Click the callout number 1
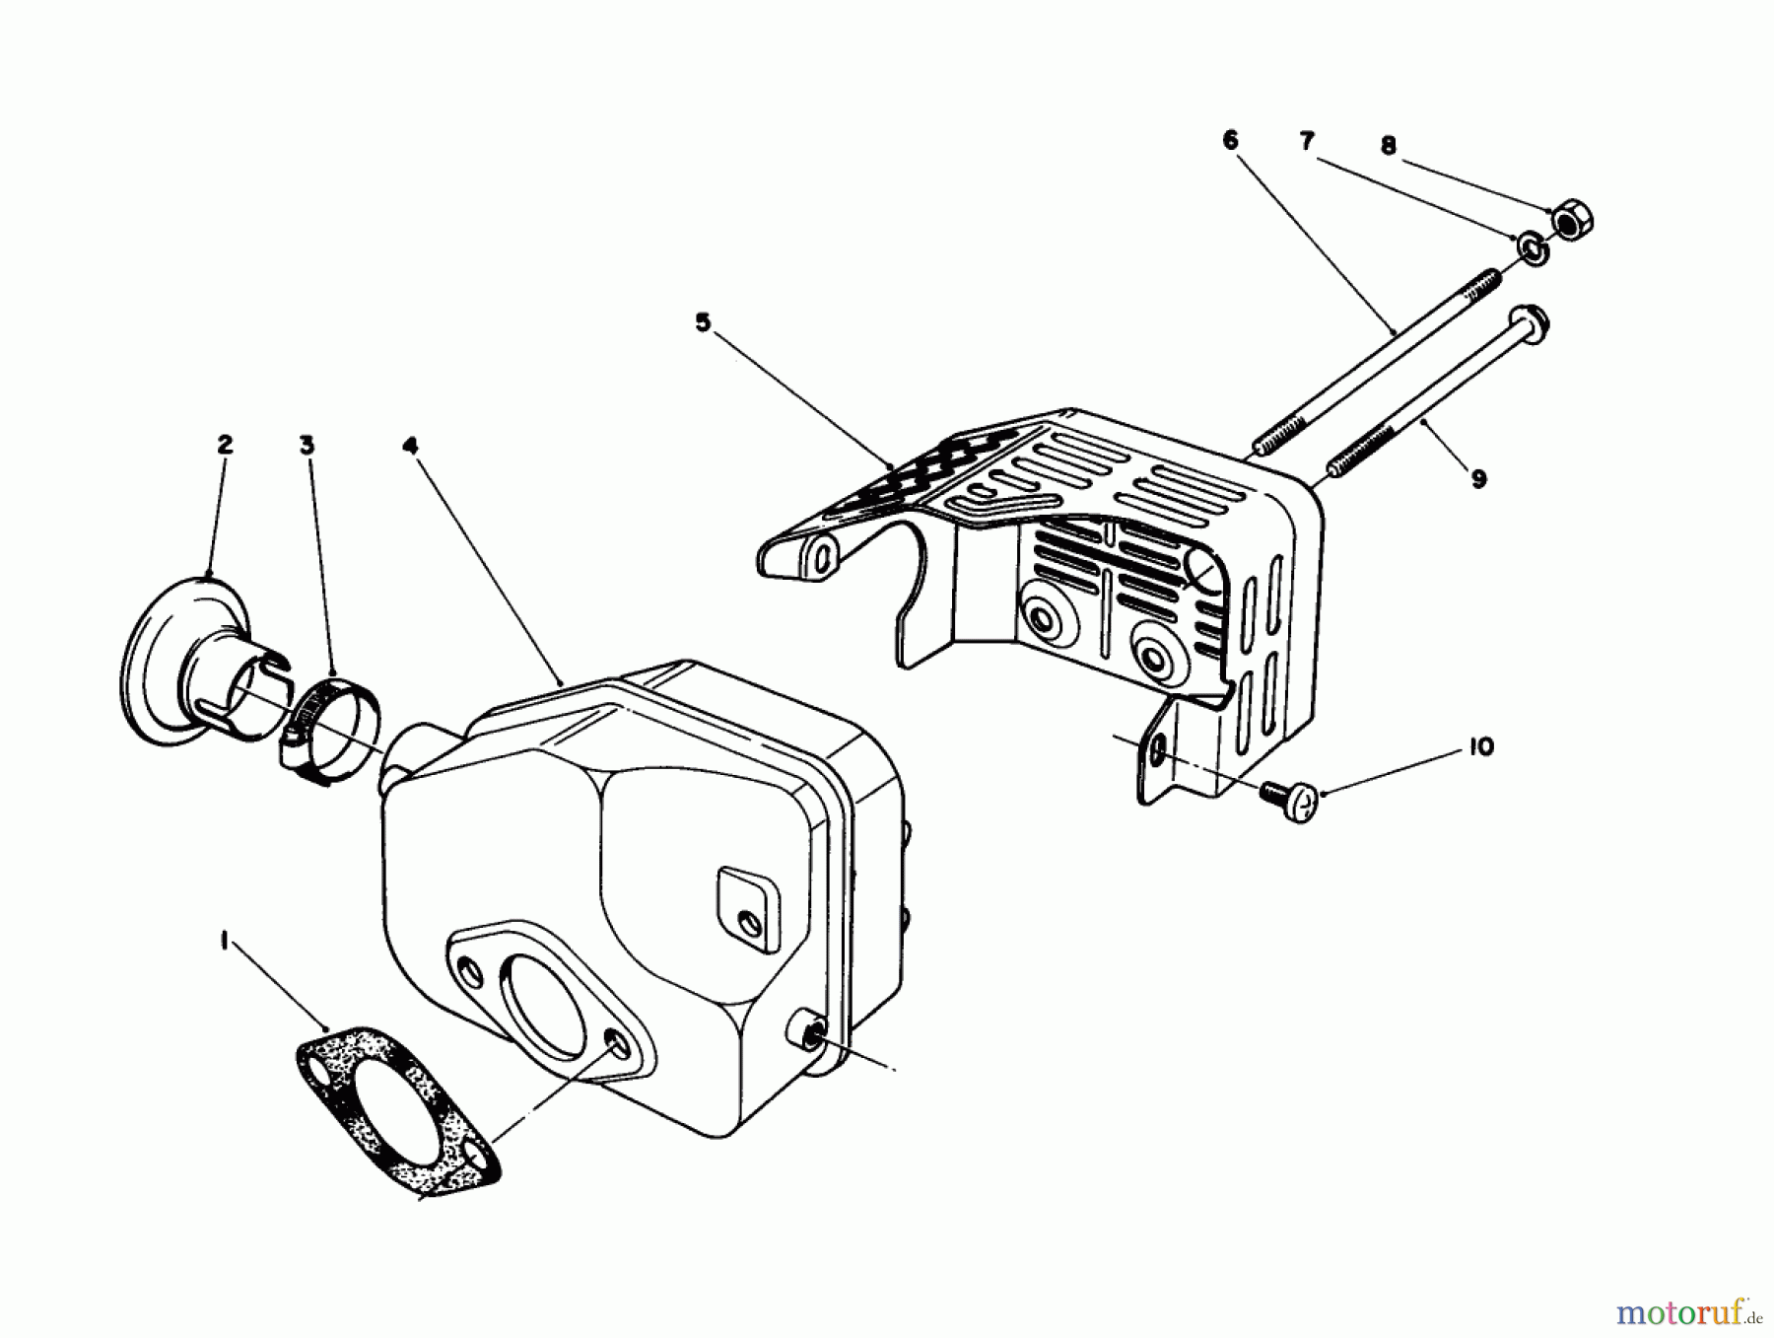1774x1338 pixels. [x=226, y=943]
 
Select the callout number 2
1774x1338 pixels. [x=225, y=445]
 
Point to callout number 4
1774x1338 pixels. [x=411, y=446]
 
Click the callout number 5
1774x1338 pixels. [x=702, y=323]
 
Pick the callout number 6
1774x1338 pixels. [x=1229, y=141]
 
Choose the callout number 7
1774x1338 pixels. [x=1307, y=142]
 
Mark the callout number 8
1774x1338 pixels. [x=1388, y=147]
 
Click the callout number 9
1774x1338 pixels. [x=1478, y=479]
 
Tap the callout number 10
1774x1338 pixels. [x=1480, y=747]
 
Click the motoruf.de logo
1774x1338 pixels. [x=1687, y=1312]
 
